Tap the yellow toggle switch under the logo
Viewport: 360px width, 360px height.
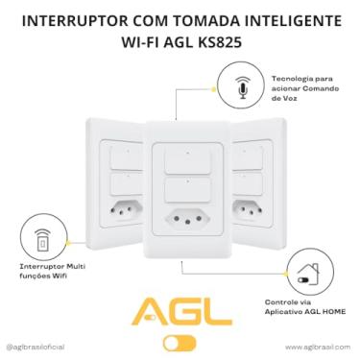[179, 342]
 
